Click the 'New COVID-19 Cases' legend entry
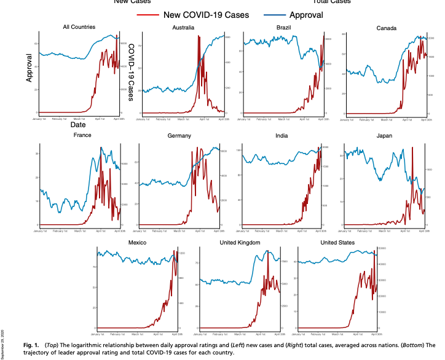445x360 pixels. pos(202,15)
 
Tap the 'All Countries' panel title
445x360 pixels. pos(79,27)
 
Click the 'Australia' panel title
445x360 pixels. pos(184,28)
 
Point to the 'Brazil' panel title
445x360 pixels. pos(284,28)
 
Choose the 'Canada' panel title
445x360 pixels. pos(387,28)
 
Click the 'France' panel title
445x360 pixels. pos(82,135)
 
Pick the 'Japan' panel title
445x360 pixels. pos(385,135)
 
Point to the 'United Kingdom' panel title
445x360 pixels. pos(240,243)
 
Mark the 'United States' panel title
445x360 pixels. pos(339,243)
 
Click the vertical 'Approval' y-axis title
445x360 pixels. pos(29,68)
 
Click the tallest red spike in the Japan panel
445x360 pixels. pos(412,148)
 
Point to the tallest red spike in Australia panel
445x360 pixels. pos(199,37)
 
